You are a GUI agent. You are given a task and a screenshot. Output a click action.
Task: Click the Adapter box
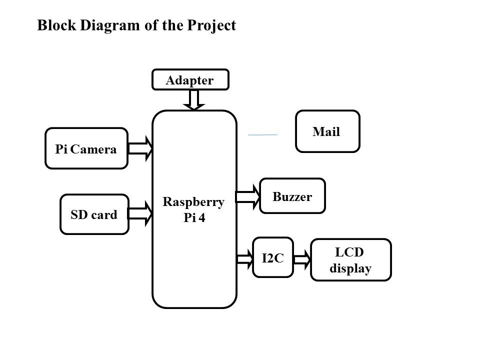pos(190,79)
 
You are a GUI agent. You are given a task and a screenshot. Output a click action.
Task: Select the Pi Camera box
pos(86,148)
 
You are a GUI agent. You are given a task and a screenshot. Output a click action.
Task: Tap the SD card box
pos(94,214)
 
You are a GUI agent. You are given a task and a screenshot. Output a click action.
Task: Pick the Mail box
pos(327,131)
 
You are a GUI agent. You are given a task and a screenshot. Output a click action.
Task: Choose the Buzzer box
pos(292,196)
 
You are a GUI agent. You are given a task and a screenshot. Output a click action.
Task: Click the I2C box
pos(272,257)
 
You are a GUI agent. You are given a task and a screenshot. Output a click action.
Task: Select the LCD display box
pos(351,260)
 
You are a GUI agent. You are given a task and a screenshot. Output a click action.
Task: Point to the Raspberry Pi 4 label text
pos(194,209)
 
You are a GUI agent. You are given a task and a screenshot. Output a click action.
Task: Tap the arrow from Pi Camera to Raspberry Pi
pos(141,148)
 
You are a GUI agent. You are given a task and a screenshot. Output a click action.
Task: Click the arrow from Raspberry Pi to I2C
pos(245,258)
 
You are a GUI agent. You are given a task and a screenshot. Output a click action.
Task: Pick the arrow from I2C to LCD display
pos(302,259)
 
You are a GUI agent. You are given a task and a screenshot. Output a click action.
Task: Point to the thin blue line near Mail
pos(263,135)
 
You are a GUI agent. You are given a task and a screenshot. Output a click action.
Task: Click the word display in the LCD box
pos(351,268)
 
